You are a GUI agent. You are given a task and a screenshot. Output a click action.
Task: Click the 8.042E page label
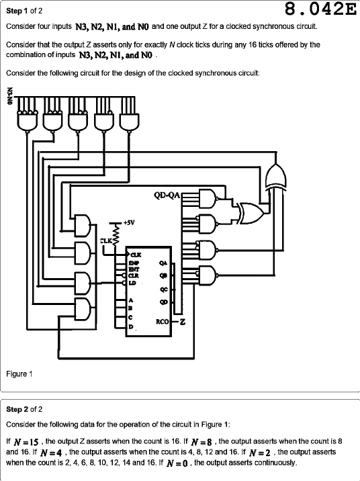[320, 9]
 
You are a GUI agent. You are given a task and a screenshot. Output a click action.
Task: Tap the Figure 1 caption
[19, 374]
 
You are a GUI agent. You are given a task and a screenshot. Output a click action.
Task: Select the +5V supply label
[129, 222]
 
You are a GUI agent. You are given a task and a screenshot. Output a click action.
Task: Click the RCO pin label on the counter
[163, 322]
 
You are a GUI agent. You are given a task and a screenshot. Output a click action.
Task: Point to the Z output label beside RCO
[183, 322]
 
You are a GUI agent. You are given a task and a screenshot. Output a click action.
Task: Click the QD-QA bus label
[167, 195]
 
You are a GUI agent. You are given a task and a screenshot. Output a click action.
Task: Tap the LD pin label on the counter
[132, 283]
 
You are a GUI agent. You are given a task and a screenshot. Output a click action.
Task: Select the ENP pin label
[134, 263]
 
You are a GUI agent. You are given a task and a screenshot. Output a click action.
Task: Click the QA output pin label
[163, 263]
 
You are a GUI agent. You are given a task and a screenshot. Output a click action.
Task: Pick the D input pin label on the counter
[130, 326]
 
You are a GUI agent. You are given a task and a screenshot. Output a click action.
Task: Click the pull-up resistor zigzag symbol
[116, 234]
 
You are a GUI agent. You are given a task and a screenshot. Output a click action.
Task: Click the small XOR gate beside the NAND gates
[251, 212]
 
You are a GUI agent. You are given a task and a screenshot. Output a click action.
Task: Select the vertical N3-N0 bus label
[10, 96]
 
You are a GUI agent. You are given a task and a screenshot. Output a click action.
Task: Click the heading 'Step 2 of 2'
[24, 409]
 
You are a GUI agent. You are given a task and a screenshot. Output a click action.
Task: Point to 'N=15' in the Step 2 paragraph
[26, 442]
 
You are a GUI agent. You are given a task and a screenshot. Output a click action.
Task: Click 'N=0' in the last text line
[177, 463]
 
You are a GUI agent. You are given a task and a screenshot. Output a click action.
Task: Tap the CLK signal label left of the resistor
[106, 240]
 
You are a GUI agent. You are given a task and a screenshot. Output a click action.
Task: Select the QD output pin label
[163, 302]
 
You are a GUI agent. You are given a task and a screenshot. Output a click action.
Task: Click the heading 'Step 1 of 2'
[24, 11]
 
